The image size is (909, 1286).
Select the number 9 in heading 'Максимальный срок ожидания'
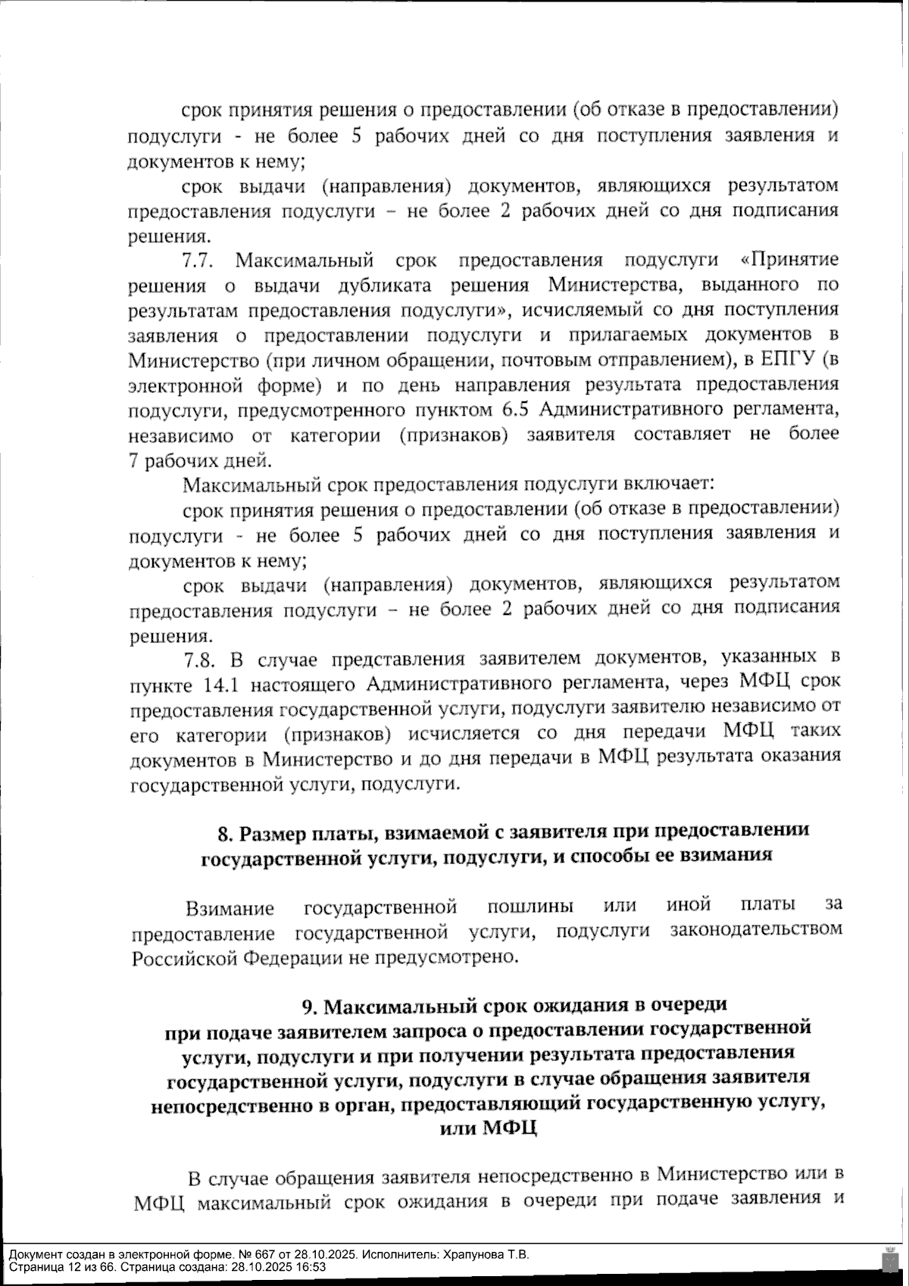[x=308, y=1006]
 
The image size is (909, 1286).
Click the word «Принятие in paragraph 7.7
[x=789, y=261]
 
